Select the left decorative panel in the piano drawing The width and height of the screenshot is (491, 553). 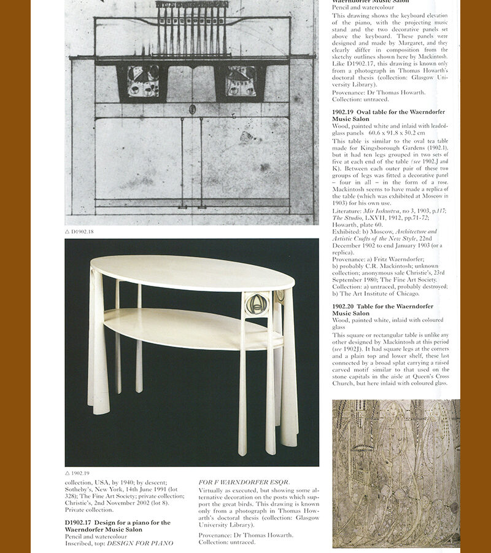click(143, 81)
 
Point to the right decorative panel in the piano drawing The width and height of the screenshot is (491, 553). click(241, 81)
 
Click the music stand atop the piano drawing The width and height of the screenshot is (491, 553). click(191, 25)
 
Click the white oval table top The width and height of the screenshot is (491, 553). click(192, 273)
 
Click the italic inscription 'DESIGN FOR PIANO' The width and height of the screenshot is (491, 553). click(141, 543)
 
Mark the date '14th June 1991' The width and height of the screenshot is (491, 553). click(144, 490)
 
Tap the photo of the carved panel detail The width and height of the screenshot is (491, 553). click(396, 473)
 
